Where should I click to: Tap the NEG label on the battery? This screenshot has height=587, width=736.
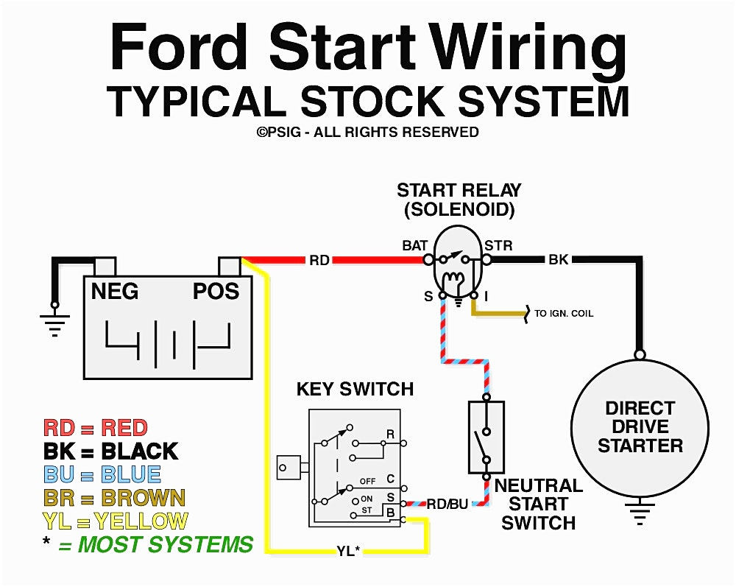click(114, 292)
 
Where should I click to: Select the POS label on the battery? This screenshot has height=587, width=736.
click(216, 292)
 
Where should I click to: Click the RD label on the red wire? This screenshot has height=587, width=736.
click(319, 260)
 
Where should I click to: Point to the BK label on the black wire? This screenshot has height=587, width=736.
click(558, 260)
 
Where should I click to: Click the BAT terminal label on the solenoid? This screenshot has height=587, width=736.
click(414, 245)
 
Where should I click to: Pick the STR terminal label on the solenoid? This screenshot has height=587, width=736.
click(498, 245)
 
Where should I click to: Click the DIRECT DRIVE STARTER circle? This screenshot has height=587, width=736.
click(640, 427)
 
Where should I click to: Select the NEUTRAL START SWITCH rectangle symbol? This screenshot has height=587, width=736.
click(486, 437)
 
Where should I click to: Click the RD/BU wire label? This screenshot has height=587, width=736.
click(447, 505)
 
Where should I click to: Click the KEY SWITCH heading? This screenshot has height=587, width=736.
click(355, 389)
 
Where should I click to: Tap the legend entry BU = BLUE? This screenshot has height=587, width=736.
click(102, 474)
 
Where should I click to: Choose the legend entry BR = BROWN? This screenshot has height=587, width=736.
click(114, 498)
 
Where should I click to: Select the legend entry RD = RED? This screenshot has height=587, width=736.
click(96, 428)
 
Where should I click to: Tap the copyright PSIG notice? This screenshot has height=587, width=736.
click(367, 133)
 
